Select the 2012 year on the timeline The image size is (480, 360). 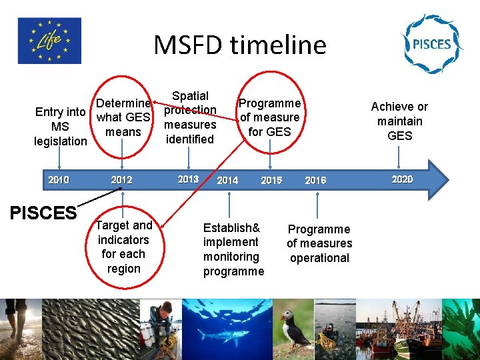click(121, 180)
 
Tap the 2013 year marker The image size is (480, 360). click(189, 179)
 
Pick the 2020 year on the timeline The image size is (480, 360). click(402, 179)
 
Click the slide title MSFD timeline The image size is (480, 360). click(240, 45)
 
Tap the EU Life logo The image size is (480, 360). click(50, 41)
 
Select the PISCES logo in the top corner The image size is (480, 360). click(431, 44)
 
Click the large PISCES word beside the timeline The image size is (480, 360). click(43, 213)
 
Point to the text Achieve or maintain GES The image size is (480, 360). click(399, 121)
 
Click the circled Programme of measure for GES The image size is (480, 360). click(270, 118)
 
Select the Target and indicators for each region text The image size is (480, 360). click(123, 247)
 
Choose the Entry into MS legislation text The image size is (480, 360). click(61, 127)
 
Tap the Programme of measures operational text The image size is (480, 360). click(319, 243)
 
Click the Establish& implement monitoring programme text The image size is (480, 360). click(233, 249)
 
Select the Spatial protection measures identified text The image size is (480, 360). click(190, 117)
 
